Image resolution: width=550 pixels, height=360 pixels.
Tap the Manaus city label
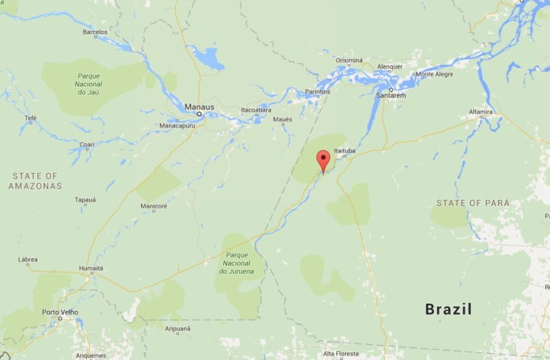point(200,106)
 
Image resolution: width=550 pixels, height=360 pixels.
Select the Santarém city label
point(391,96)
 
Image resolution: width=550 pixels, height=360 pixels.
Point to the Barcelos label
point(95,32)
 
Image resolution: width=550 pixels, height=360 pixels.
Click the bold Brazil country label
point(448,309)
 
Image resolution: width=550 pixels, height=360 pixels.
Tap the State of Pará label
point(473,203)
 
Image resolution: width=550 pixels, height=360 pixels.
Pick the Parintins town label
point(318,92)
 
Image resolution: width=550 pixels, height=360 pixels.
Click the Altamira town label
point(481,112)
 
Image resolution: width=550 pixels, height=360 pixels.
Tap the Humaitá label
point(91,268)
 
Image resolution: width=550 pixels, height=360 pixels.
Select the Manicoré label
point(154,206)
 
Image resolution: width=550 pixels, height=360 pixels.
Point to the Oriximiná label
point(349,60)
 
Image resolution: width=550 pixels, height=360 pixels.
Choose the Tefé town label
point(31,118)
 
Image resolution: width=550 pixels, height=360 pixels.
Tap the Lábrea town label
point(28,260)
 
